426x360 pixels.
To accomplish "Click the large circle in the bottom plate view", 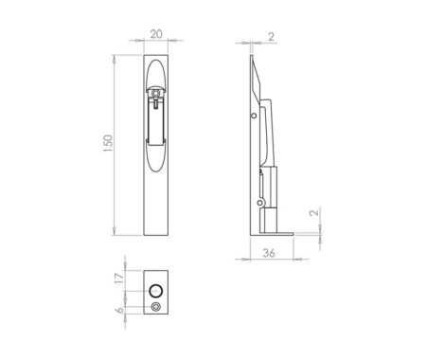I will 155,290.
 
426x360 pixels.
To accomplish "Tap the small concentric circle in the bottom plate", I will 155,308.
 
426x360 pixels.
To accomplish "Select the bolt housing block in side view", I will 272,189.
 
